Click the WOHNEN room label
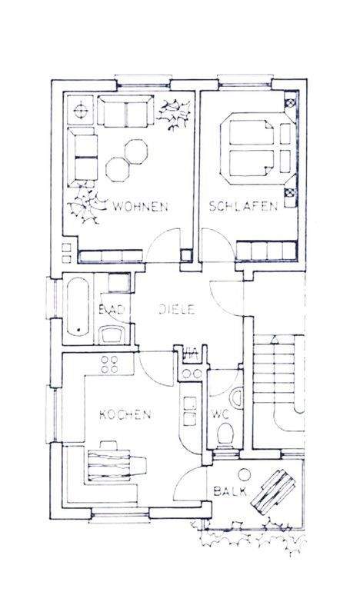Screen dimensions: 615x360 coord(141,206)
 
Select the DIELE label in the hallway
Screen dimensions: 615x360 coord(178,310)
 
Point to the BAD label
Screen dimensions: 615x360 coord(108,310)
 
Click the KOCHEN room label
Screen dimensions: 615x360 coord(125,414)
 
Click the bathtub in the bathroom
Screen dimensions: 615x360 coord(78,307)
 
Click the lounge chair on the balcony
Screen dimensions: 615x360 coord(273,493)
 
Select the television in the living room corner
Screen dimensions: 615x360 coord(79,111)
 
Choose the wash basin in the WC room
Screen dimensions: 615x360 coord(238,397)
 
